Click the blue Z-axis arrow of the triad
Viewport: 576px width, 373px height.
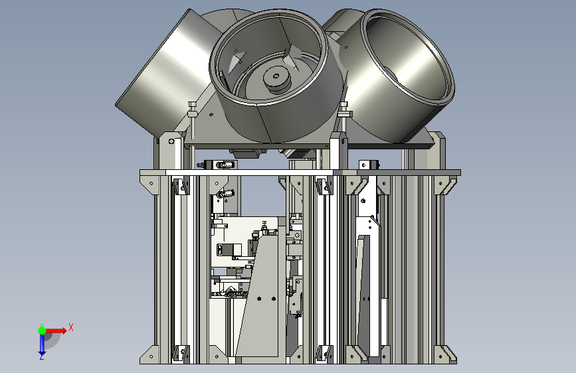pyautogui.click(x=42, y=344)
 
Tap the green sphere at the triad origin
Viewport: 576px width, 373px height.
pyautogui.click(x=42, y=331)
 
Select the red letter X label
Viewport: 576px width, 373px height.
pyautogui.click(x=71, y=327)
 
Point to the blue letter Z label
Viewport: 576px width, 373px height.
pyautogui.click(x=42, y=356)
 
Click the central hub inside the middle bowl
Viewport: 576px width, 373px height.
pyautogui.click(x=276, y=78)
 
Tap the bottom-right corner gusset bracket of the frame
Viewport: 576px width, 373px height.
pyautogui.click(x=446, y=354)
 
